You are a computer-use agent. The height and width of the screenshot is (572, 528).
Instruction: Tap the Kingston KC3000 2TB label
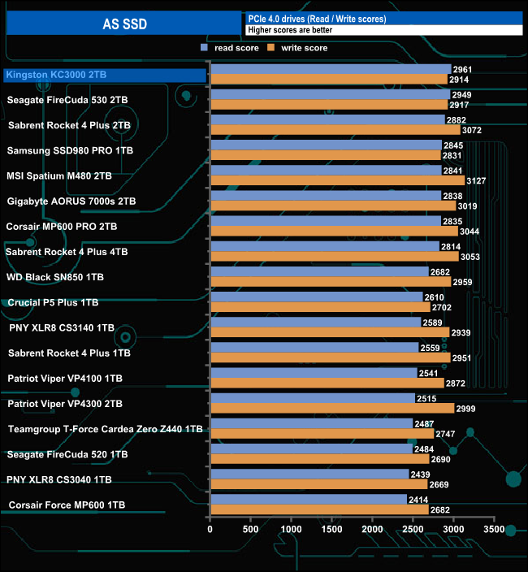(56, 75)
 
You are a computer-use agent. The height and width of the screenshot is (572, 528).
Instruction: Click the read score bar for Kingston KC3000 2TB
(330, 70)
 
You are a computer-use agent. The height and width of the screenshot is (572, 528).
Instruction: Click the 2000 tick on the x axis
(372, 530)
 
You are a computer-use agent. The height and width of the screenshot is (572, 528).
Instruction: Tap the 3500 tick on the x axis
(494, 530)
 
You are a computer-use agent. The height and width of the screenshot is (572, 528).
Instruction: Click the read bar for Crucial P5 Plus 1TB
(316, 297)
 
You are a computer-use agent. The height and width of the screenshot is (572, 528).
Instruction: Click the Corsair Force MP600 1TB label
(67, 505)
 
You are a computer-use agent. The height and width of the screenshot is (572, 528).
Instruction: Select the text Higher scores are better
(292, 30)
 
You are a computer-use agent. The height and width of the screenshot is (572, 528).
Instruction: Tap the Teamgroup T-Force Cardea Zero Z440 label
(105, 429)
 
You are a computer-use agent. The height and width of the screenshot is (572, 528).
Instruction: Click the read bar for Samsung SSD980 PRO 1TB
(325, 145)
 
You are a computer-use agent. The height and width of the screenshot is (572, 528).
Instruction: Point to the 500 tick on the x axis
(250, 530)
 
